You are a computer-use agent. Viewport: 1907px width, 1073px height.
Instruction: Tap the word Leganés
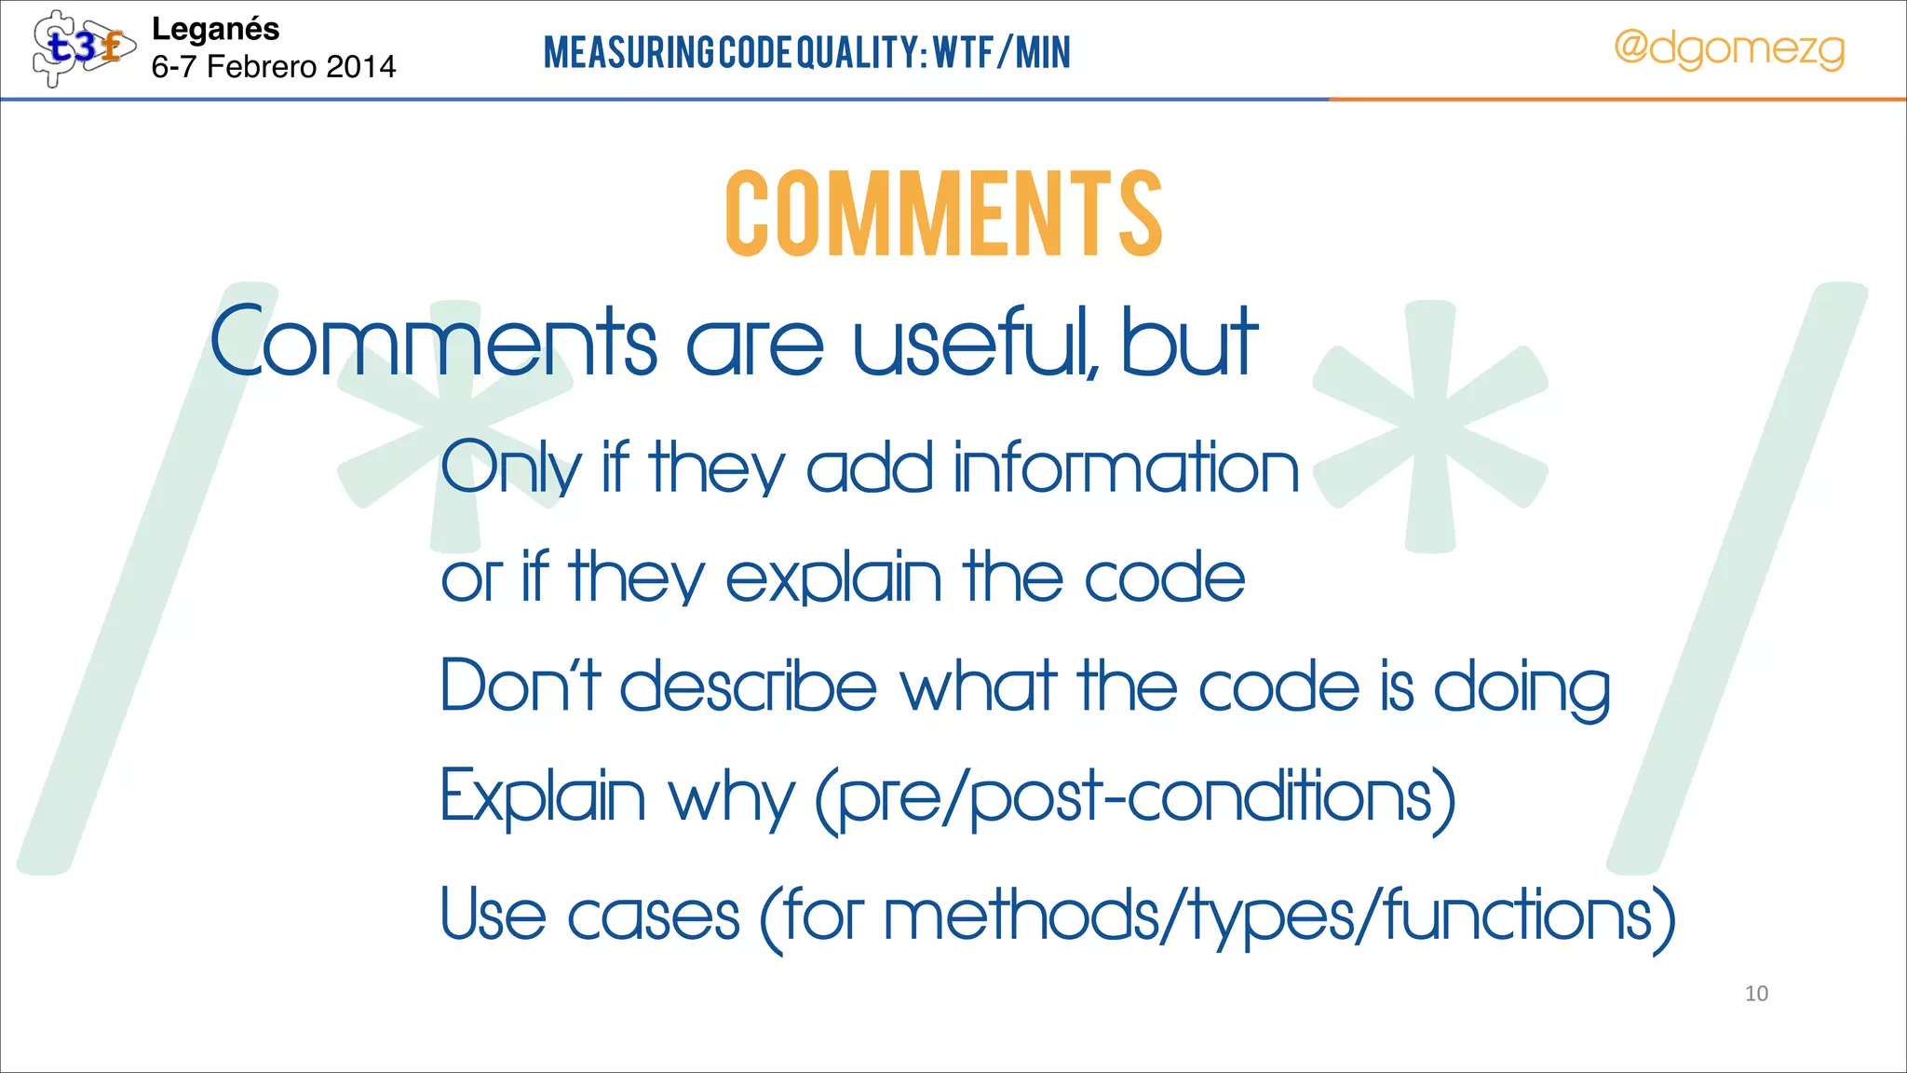(x=215, y=29)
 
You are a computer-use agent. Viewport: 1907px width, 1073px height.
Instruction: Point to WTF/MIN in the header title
(x=1002, y=52)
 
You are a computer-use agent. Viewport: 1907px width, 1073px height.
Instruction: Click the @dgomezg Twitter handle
(x=1728, y=48)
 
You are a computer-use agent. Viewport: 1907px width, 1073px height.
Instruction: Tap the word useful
(x=974, y=343)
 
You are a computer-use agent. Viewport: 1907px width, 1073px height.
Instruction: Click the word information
(x=1127, y=468)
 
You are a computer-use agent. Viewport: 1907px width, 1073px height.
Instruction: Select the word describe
(x=749, y=686)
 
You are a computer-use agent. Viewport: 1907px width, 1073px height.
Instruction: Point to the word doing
(x=1522, y=689)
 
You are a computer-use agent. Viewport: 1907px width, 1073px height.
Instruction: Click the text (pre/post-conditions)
(x=1135, y=799)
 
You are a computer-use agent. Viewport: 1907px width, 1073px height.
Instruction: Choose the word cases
(x=653, y=917)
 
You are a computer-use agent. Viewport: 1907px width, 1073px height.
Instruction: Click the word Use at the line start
(x=493, y=915)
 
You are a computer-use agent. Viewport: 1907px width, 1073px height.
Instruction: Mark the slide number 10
(x=1756, y=994)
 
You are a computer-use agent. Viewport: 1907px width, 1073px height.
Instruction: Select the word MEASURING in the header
(x=629, y=52)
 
